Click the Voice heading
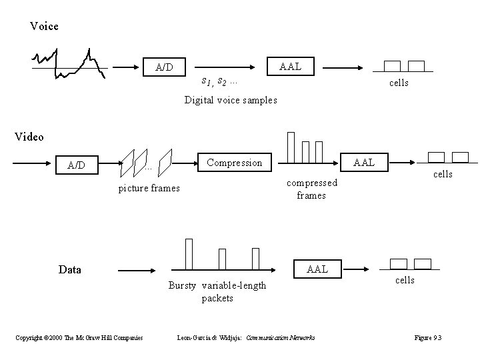pyautogui.click(x=44, y=27)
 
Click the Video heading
pyautogui.click(x=29, y=137)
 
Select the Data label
pyautogui.click(x=69, y=270)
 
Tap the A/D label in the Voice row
pyautogui.click(x=164, y=67)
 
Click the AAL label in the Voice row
pyautogui.click(x=290, y=67)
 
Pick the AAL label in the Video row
pyautogui.click(x=364, y=162)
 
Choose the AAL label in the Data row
pyautogui.click(x=317, y=269)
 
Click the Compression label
pyautogui.click(x=234, y=163)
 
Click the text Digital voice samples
pyautogui.click(x=231, y=100)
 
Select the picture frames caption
pyautogui.click(x=149, y=188)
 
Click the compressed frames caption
pyautogui.click(x=311, y=189)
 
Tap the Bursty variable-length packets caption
pyautogui.click(x=217, y=292)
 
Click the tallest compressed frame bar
pyautogui.click(x=291, y=147)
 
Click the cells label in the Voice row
pyautogui.click(x=399, y=83)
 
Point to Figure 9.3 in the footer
pyautogui.click(x=427, y=338)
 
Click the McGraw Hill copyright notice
pyautogui.click(x=79, y=338)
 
